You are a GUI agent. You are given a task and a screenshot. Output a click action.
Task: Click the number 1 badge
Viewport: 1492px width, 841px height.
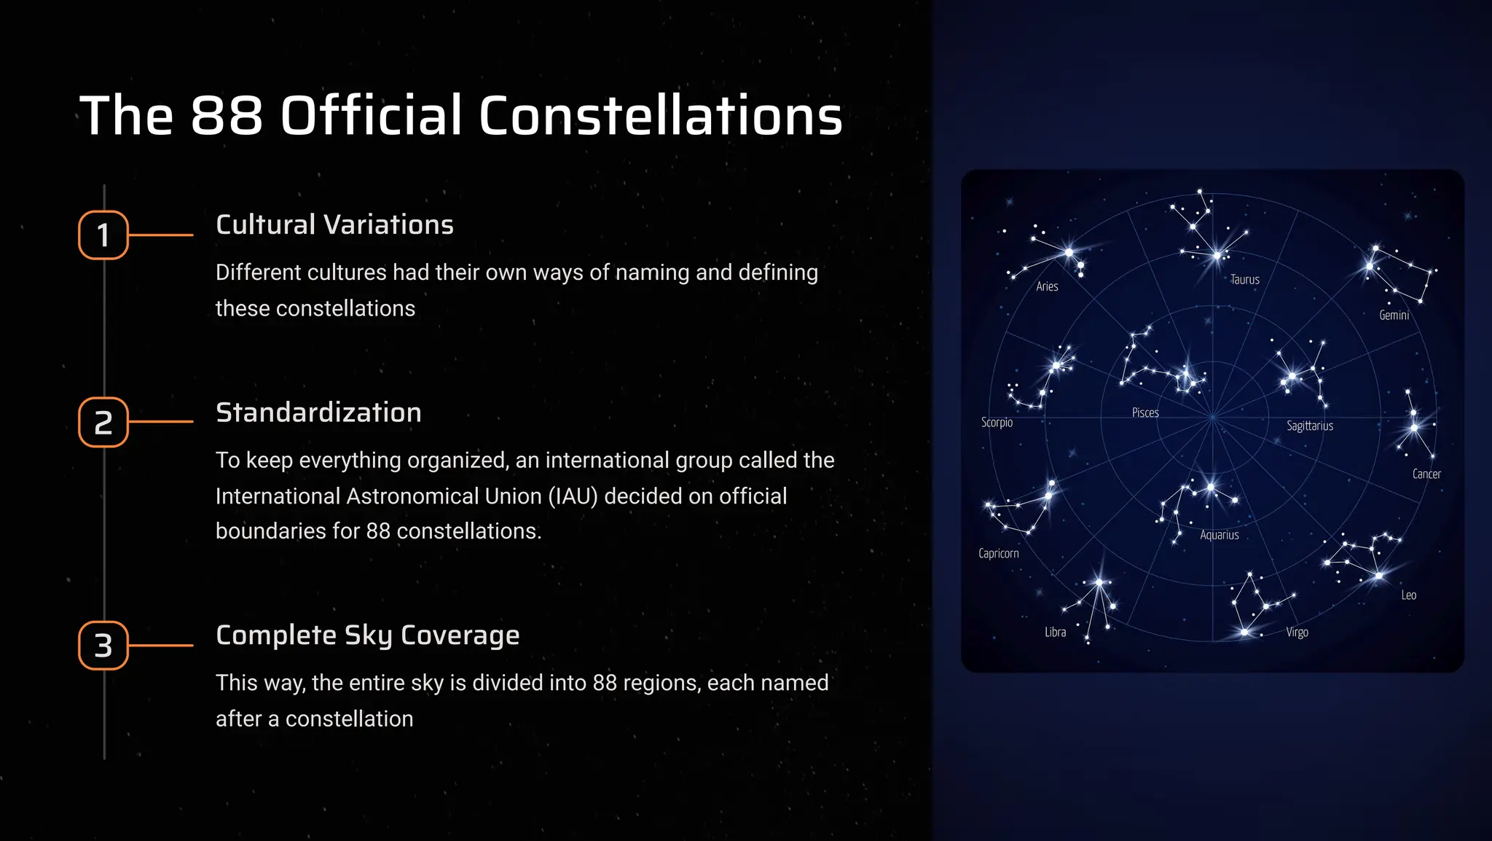tap(103, 235)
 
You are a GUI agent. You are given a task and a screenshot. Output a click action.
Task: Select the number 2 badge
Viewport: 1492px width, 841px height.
tap(103, 422)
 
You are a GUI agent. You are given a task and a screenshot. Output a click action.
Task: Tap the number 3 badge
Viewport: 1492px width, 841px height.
tap(103, 645)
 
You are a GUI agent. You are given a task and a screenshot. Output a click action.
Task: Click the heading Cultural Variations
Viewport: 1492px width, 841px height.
tap(334, 224)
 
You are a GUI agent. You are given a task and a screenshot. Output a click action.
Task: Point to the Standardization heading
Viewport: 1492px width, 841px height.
tap(318, 412)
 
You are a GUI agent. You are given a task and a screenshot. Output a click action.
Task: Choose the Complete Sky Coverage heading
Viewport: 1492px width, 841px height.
tap(367, 635)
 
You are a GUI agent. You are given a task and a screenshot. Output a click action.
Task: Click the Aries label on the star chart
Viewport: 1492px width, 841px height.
tap(1047, 286)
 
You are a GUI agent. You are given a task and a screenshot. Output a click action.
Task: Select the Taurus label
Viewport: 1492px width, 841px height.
tap(1244, 279)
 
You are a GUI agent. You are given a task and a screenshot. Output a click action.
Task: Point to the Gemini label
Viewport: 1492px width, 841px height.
tap(1394, 315)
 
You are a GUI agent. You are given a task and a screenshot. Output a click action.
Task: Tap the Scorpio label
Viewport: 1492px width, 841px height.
tap(997, 423)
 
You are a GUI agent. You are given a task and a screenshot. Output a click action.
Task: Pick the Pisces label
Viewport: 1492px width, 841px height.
tap(1145, 412)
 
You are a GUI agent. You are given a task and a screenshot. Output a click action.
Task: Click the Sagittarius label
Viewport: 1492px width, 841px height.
tap(1309, 426)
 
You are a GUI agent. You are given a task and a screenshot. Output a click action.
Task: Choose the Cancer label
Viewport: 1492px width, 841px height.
tap(1426, 474)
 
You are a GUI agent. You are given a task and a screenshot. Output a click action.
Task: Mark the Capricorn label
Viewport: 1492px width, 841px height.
tap(998, 553)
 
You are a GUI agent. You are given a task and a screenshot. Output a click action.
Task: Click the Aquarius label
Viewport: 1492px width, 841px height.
tap(1219, 535)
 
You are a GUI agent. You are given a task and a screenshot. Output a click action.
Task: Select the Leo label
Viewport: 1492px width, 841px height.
tap(1408, 595)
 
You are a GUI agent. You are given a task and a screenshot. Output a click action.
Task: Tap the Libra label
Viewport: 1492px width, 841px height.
tap(1055, 632)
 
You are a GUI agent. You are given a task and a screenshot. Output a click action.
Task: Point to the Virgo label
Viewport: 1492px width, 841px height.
tap(1297, 632)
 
